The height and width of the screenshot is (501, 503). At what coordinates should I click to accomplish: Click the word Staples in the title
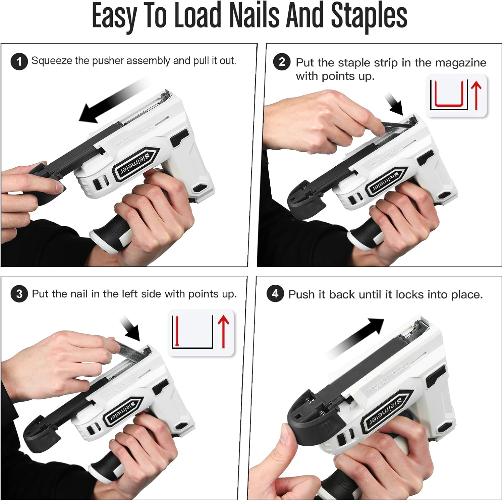(x=369, y=16)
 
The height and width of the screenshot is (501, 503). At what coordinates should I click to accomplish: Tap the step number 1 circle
(x=19, y=62)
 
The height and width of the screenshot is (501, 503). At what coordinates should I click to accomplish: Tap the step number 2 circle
(x=282, y=62)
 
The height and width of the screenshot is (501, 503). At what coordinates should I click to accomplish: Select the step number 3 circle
(x=19, y=294)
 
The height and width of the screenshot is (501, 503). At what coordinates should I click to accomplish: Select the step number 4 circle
(x=275, y=294)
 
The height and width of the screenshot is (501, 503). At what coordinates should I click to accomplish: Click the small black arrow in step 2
(x=394, y=105)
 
